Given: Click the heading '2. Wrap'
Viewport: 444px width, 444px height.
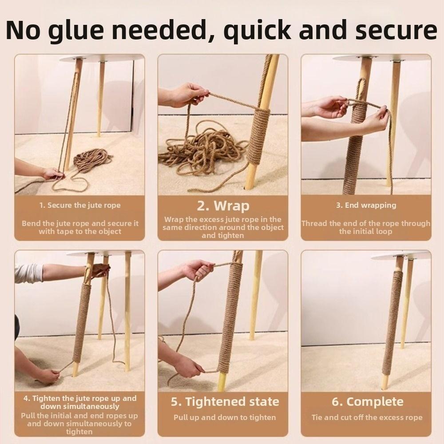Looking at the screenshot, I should [222, 206].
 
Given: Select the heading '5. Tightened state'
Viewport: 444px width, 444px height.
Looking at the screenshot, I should [225, 402].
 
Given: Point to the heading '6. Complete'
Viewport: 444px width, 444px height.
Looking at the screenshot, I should [368, 402].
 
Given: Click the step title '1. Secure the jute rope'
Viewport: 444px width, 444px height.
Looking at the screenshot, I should [79, 205].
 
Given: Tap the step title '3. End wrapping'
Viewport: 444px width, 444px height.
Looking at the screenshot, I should [366, 205].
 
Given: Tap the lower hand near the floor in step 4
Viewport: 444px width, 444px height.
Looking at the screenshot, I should [47, 375].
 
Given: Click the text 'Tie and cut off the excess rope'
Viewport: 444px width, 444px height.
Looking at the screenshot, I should [367, 417].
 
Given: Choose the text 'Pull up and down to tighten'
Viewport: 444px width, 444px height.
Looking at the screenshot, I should [225, 417].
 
